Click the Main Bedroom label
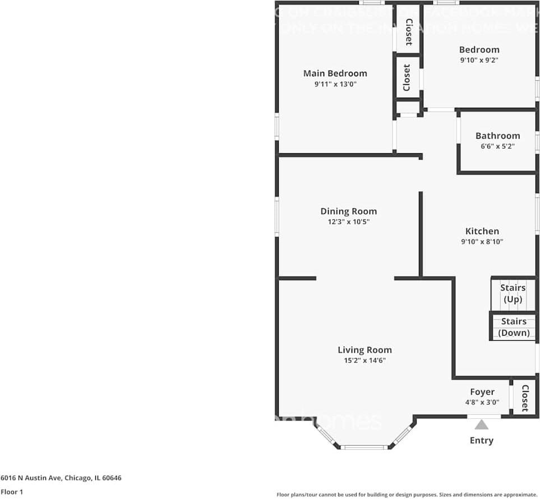tap(335, 74)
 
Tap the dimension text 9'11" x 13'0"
tap(335, 84)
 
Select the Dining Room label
tap(348, 212)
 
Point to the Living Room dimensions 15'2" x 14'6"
tap(364, 360)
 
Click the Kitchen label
tap(482, 231)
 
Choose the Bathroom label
tap(497, 136)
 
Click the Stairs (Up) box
tap(513, 294)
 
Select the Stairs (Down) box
tap(514, 327)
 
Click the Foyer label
tap(482, 392)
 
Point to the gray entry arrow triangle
tap(481, 425)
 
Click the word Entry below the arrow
tap(481, 441)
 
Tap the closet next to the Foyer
tap(525, 397)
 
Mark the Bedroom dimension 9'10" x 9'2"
tap(479, 60)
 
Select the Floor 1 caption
tap(11, 492)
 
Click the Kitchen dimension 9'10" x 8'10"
tap(482, 242)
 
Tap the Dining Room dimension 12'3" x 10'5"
tap(348, 222)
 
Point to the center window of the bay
tap(364, 447)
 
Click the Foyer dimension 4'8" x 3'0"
tap(482, 402)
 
